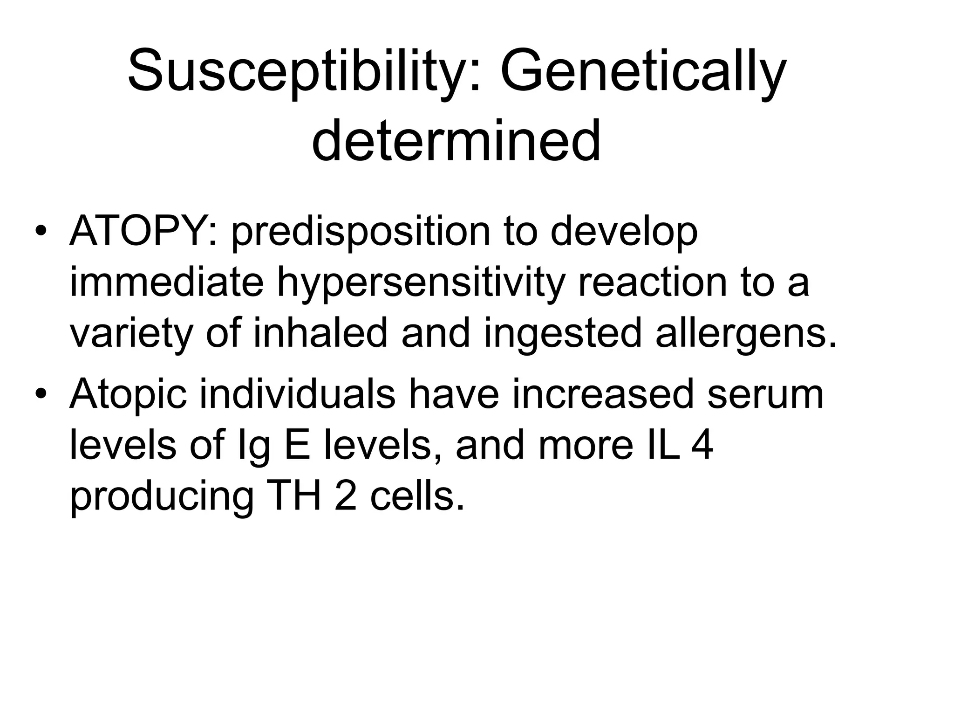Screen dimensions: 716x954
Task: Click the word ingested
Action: pyautogui.click(x=564, y=335)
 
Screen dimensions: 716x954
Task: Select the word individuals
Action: pyautogui.click(x=298, y=394)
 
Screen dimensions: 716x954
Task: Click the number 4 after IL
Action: pyautogui.click(x=702, y=446)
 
